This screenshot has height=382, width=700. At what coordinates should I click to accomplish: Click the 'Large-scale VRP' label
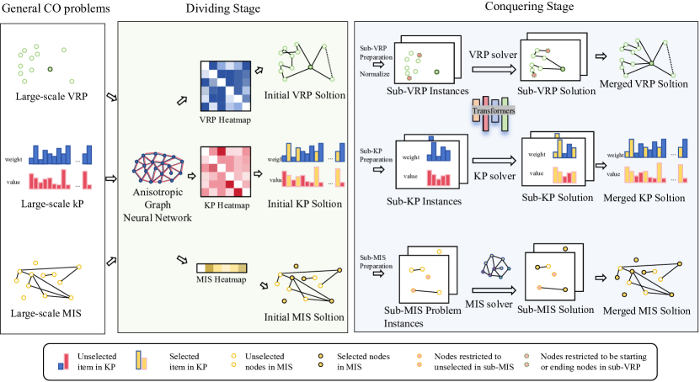tap(49, 98)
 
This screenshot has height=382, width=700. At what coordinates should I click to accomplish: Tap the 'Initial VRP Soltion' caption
tap(304, 96)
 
